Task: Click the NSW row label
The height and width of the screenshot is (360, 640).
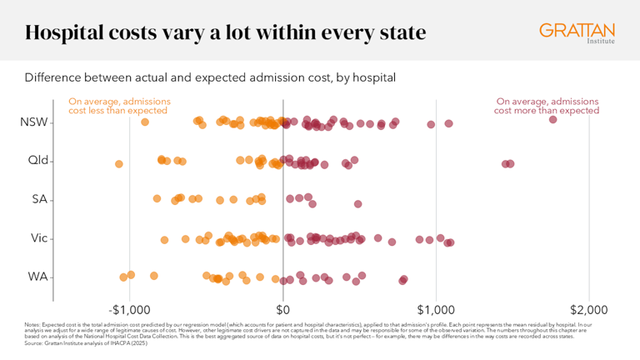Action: click(33, 122)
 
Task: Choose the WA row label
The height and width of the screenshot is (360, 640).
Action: click(38, 277)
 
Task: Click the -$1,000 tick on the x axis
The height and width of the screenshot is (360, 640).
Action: click(129, 307)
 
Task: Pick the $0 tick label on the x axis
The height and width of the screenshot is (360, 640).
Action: click(283, 307)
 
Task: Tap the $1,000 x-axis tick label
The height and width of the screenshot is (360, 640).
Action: click(437, 307)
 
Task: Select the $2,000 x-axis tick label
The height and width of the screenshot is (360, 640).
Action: click(589, 307)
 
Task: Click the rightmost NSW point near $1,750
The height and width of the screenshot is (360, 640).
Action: click(553, 120)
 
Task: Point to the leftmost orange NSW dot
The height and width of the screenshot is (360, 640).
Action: click(145, 122)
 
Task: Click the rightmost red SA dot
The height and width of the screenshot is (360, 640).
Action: click(357, 203)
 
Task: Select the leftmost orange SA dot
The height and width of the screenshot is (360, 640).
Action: click(157, 198)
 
